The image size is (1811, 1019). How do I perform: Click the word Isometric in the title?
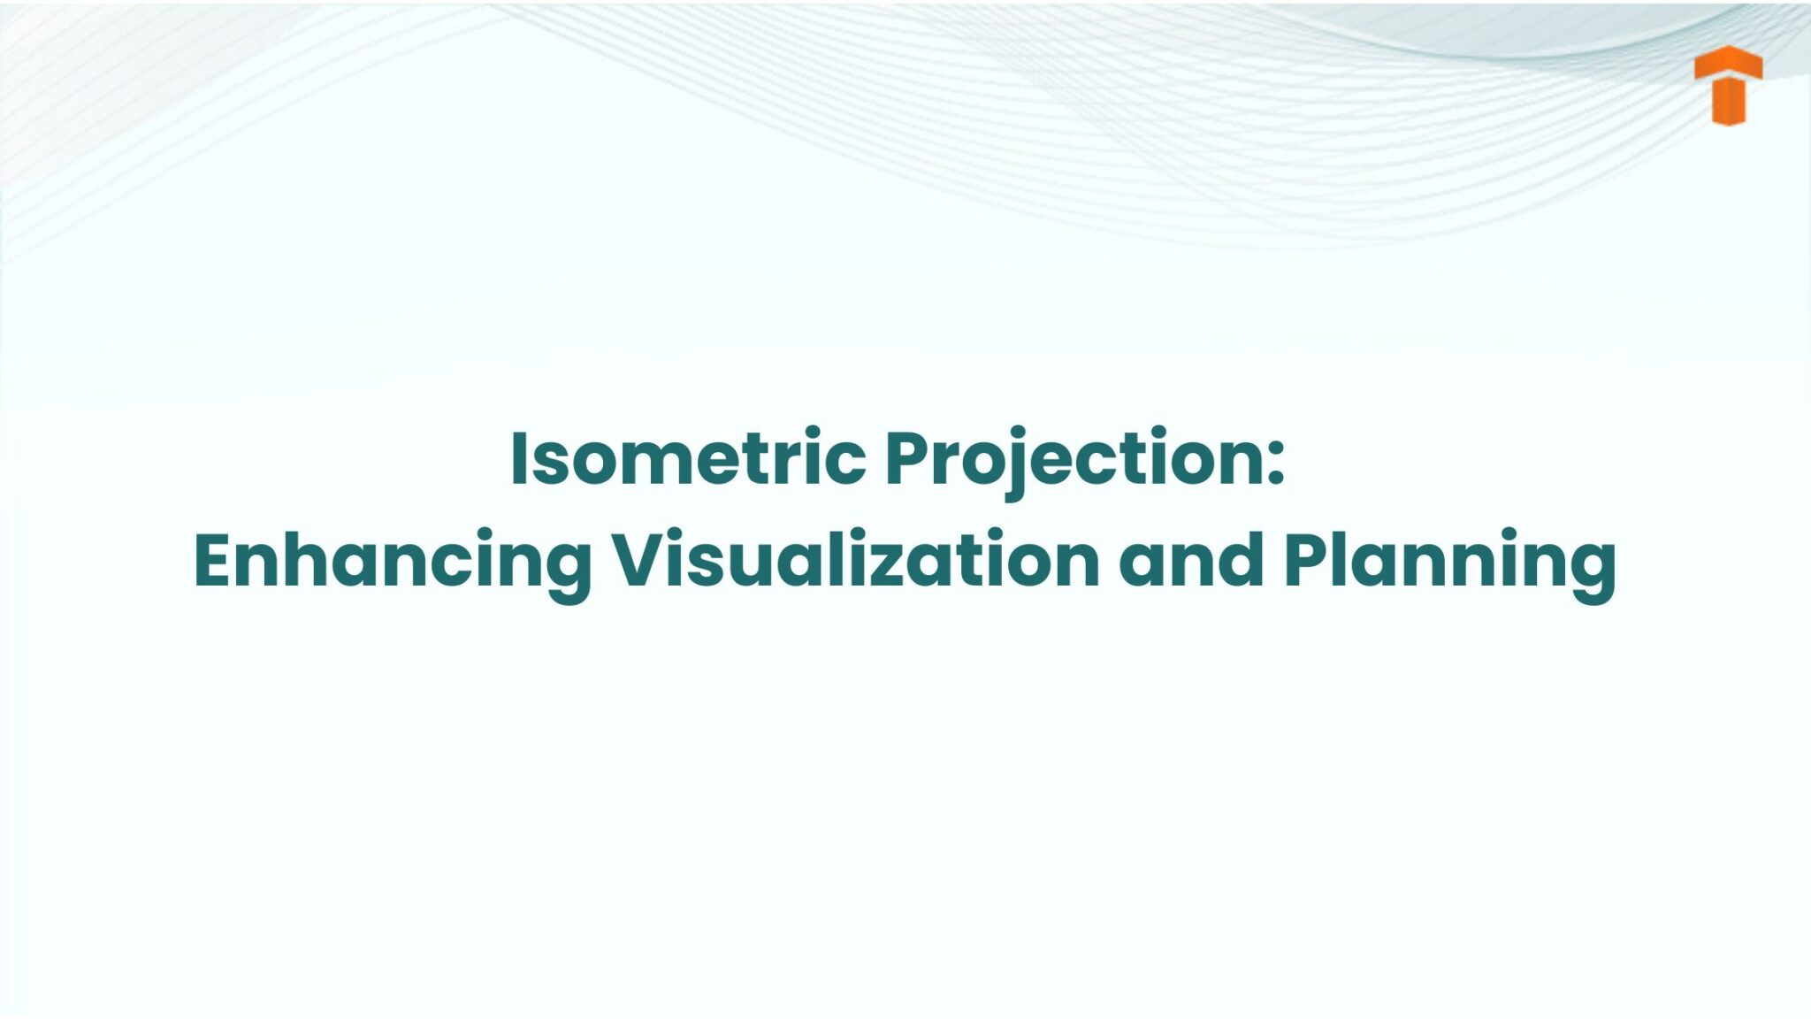(688, 459)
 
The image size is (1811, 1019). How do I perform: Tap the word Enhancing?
(392, 561)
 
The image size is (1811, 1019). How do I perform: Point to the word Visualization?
(856, 561)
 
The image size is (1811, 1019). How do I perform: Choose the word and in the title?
(1190, 561)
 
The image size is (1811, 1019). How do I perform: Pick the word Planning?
(1450, 561)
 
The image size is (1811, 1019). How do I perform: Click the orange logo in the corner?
(1728, 87)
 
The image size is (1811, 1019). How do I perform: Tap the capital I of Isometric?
(519, 459)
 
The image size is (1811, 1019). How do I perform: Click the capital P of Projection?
(909, 459)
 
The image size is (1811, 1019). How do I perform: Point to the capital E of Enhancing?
(215, 561)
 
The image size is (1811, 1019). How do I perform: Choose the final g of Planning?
(1590, 571)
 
